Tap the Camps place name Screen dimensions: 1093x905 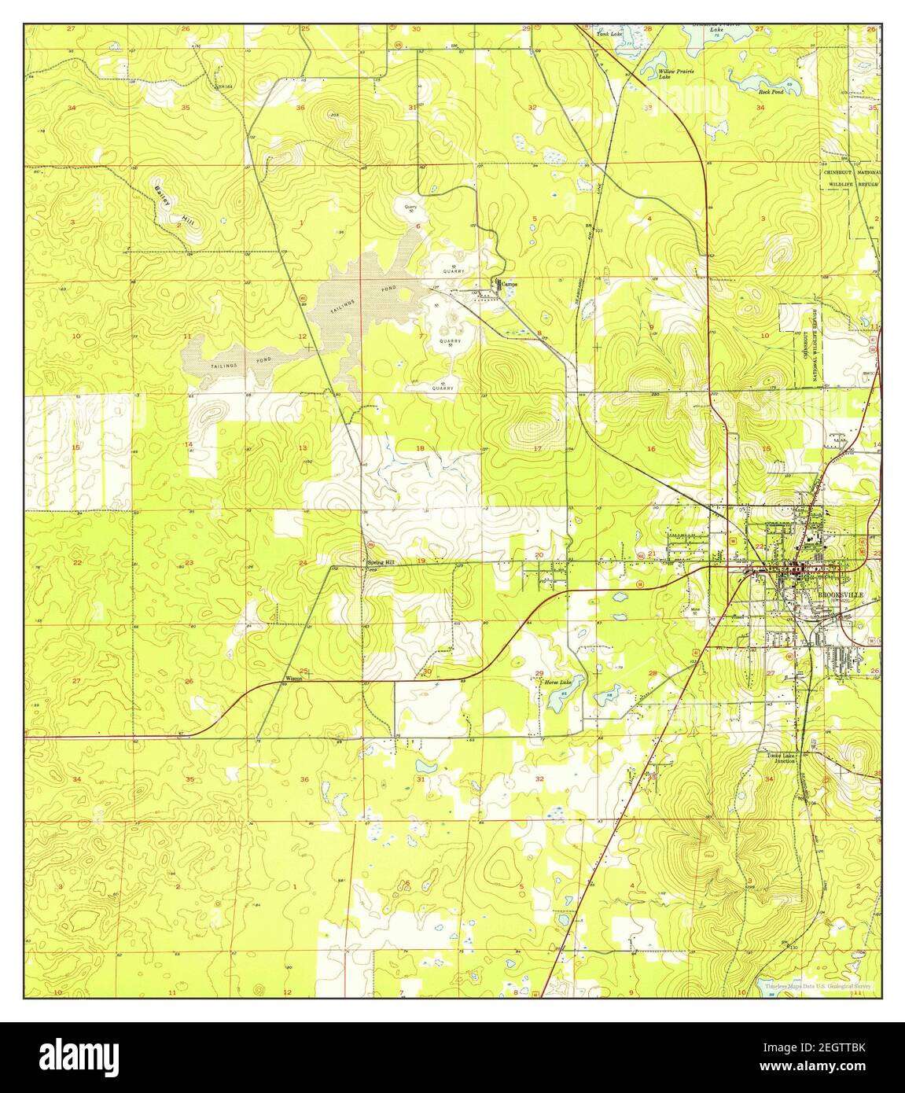(510, 284)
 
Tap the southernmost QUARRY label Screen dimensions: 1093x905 (443, 388)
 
